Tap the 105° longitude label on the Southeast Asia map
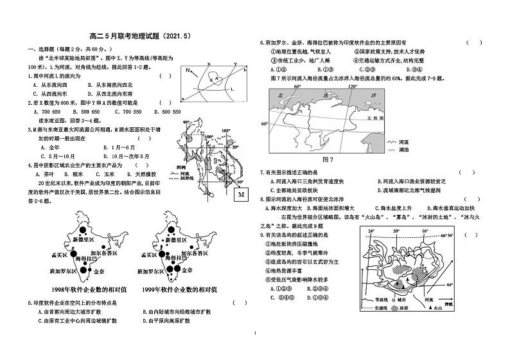click(224, 130)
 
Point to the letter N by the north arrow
click(187, 69)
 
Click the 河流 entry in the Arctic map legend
click(403, 140)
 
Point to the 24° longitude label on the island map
click(371, 231)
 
